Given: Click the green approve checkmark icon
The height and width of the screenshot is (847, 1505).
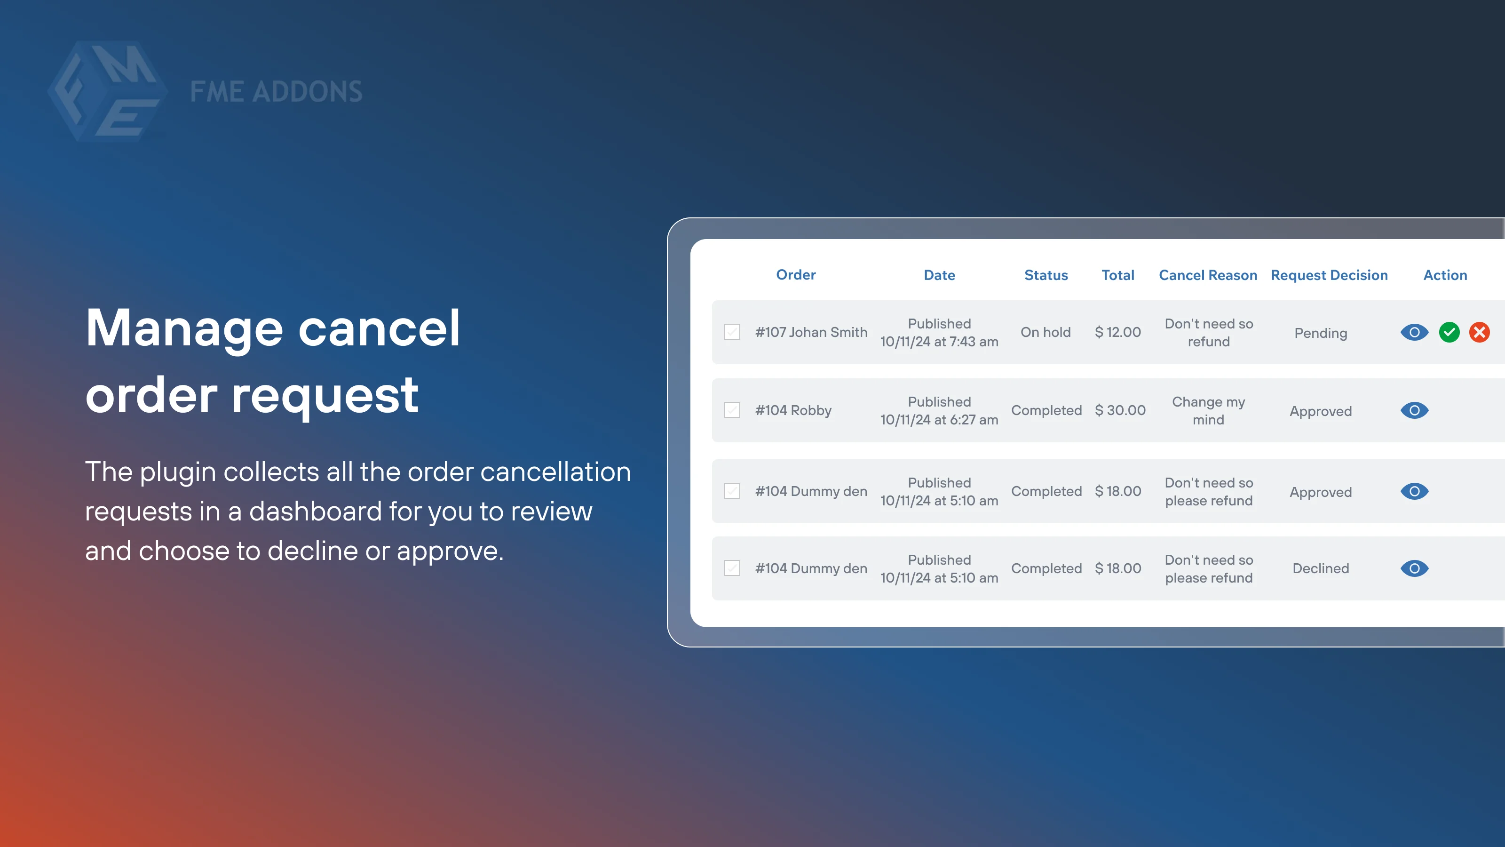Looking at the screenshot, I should click(x=1449, y=333).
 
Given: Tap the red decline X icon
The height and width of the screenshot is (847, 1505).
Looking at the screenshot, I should click(x=1479, y=333).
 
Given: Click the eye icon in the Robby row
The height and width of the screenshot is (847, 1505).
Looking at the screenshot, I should click(x=1414, y=410).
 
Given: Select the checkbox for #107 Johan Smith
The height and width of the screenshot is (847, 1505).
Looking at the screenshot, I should click(x=732, y=332).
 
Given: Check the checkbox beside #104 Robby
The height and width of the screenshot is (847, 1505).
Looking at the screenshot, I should click(x=732, y=410).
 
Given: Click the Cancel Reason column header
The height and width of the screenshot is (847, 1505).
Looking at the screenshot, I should click(x=1208, y=275).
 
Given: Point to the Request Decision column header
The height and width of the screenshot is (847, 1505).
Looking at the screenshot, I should click(x=1329, y=275).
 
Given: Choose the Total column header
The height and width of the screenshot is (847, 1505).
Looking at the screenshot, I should click(x=1117, y=275).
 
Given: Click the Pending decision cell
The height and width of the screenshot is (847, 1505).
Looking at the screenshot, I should click(x=1320, y=333).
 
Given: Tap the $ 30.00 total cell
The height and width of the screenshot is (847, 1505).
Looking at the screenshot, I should click(x=1120, y=410).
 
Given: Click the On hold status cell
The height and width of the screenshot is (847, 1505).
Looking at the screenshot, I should click(x=1045, y=332).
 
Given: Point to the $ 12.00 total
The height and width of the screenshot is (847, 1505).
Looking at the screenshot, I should click(x=1117, y=332).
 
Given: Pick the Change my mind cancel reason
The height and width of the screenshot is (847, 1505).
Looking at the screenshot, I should click(x=1208, y=410).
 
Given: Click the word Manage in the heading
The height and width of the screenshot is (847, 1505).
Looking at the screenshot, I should click(x=184, y=328).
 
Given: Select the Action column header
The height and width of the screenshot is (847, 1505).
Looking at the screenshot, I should click(x=1445, y=275).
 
